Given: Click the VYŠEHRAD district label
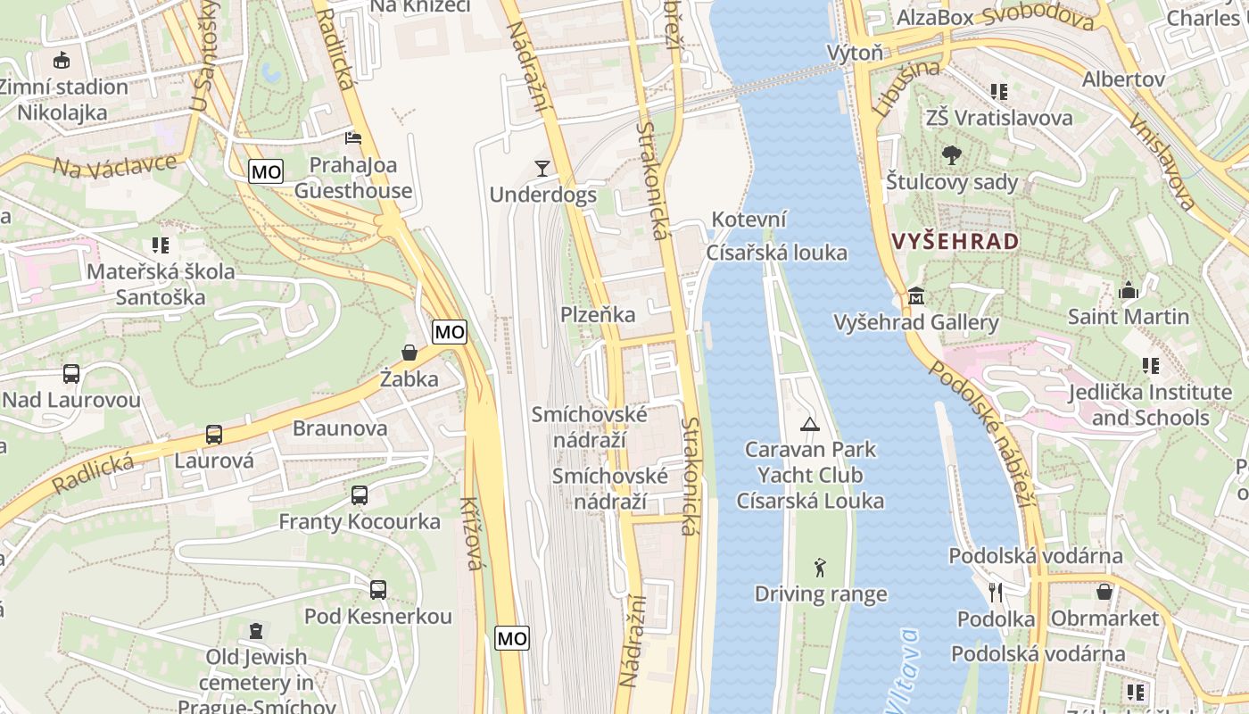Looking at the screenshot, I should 955,242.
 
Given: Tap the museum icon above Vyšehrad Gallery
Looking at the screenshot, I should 915,296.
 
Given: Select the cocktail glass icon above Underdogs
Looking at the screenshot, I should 542,168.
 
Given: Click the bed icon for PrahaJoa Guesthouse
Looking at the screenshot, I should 353,138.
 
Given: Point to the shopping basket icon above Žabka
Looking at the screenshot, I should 409,353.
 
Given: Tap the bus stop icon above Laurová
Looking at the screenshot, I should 214,435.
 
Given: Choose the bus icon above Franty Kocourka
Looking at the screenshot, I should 360,495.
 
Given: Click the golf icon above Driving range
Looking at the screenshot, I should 820,567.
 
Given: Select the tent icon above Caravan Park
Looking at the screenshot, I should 809,424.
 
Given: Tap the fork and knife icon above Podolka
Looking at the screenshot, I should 996,592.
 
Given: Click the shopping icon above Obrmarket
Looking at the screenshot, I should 1104,592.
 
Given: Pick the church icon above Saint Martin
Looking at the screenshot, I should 1129,290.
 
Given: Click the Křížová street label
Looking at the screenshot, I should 471,534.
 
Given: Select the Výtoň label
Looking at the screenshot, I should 855,53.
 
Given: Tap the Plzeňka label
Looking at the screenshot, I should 598,314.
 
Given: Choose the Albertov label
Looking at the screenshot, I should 1123,79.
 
